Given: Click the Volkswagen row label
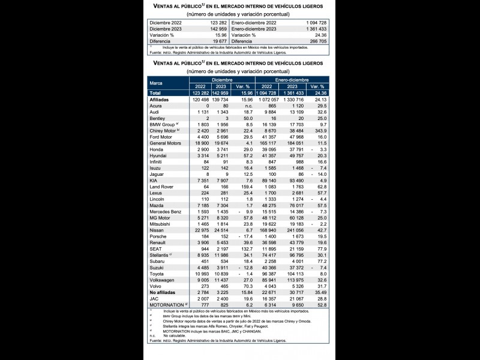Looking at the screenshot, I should (x=163, y=280).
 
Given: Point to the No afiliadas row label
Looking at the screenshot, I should (x=164, y=293).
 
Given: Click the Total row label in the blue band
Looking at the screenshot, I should (x=155, y=93).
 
